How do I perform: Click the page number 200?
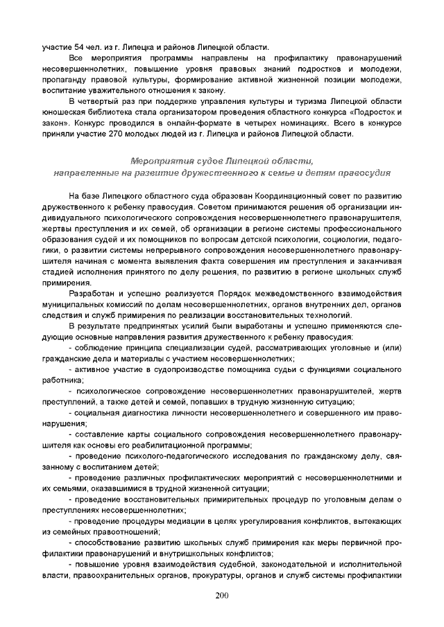coord(222,595)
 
